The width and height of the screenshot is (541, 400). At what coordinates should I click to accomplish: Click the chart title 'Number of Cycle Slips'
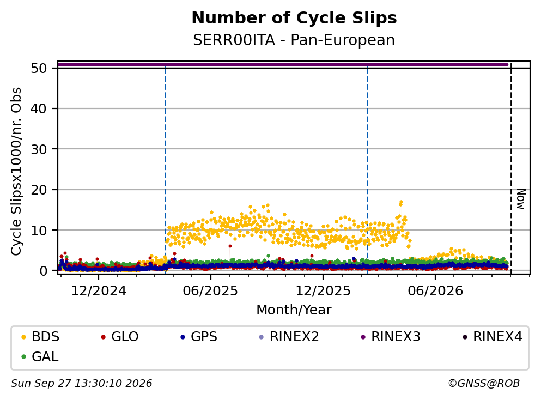pyautogui.click(x=294, y=18)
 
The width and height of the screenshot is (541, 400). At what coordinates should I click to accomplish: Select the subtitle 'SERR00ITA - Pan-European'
pyautogui.click(x=294, y=40)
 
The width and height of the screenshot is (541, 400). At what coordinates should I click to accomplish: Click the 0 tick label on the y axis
pyautogui.click(x=44, y=271)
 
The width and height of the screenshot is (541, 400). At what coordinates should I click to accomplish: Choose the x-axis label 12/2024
pyautogui.click(x=99, y=291)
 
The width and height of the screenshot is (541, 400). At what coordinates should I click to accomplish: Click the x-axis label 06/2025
pyautogui.click(x=210, y=291)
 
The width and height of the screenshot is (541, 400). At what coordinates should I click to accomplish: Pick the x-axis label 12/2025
pyautogui.click(x=323, y=291)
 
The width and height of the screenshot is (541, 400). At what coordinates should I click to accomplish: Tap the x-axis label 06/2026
pyautogui.click(x=435, y=291)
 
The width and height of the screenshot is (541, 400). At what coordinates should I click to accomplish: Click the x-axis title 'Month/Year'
pyautogui.click(x=294, y=310)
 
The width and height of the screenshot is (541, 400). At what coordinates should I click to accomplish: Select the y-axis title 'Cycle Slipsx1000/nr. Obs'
pyautogui.click(x=16, y=172)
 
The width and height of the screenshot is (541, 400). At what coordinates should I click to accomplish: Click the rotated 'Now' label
pyautogui.click(x=521, y=199)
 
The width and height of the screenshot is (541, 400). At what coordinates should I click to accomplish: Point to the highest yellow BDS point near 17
pyautogui.click(x=401, y=202)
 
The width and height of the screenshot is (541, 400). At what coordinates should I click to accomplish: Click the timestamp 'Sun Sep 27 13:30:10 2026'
pyautogui.click(x=81, y=384)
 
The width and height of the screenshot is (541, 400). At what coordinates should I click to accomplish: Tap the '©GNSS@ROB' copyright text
pyautogui.click(x=484, y=384)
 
